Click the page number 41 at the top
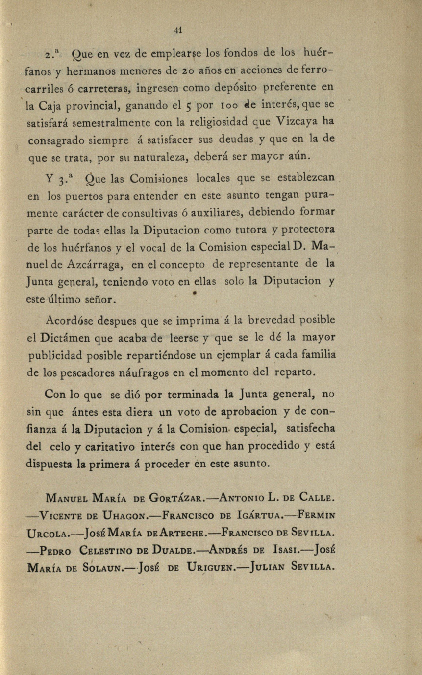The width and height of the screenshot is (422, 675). (178, 29)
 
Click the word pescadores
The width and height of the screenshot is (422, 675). (95, 372)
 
